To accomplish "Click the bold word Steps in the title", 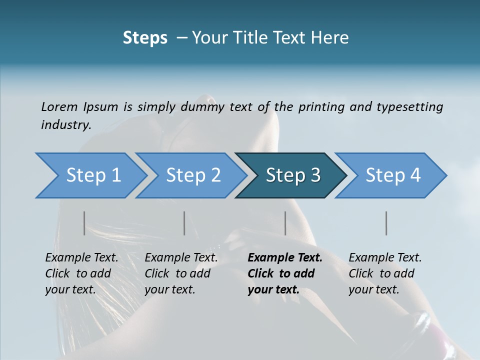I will pos(145,38).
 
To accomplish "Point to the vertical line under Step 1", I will pos(84,223).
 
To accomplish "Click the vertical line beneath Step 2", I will pos(184,223).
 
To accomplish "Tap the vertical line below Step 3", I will pos(285,223).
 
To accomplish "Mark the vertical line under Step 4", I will pos(386,223).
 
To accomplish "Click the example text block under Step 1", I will pos(81,273).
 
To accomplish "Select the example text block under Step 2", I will pos(181,273).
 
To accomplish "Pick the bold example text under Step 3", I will pos(284,273).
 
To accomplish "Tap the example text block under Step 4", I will pos(385,273).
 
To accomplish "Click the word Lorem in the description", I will pos(59,107).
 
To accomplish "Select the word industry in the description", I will pos(66,125).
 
